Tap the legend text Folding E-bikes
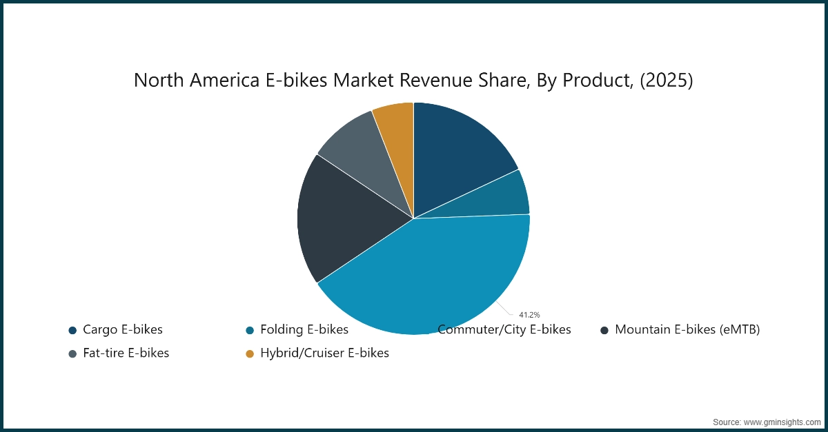click(304, 329)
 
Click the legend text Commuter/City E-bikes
click(504, 329)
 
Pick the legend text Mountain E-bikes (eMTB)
click(687, 329)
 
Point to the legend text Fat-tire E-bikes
click(126, 353)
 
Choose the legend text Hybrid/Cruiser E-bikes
click(324, 353)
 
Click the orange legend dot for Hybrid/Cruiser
click(250, 353)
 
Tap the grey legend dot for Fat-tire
click(72, 353)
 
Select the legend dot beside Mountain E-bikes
click(604, 330)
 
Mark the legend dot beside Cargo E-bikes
click(72, 330)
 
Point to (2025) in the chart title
click(665, 81)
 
